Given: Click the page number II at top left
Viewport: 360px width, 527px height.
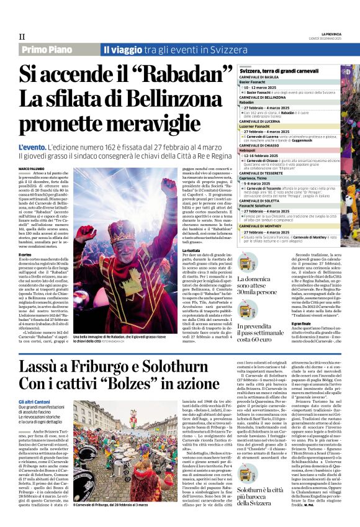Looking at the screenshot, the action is click(22, 36).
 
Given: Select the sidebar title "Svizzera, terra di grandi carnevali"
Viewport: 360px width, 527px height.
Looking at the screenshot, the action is click(279, 73).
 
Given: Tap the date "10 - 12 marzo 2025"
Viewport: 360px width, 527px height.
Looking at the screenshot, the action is click(265, 88).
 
